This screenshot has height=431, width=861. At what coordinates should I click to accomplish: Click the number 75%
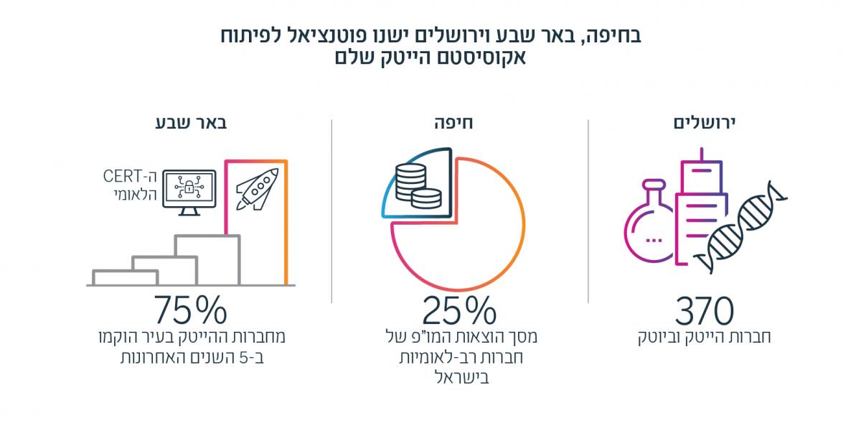pos(189,310)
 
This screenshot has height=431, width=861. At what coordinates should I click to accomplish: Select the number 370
pos(705,310)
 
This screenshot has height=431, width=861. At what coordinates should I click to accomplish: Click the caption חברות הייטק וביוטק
pos(705,337)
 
